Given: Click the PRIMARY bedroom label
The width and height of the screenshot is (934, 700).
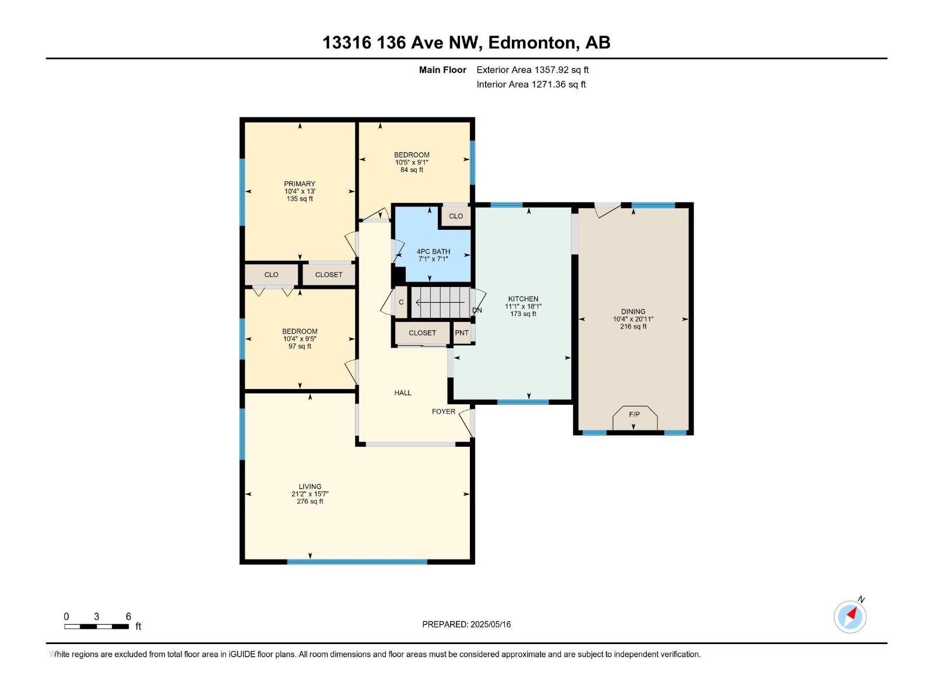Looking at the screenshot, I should pos(299,184).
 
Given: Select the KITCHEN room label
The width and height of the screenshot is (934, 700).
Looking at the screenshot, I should pos(523,299).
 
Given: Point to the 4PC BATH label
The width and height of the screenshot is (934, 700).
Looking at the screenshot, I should pos(433,251).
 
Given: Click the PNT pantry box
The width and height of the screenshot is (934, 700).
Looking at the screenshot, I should pos(462,333).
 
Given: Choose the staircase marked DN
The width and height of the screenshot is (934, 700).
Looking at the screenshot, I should pos(441,302).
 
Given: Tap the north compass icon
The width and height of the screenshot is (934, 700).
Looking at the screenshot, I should pos(850,617).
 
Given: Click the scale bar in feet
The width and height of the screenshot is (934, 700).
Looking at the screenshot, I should pos(96,626).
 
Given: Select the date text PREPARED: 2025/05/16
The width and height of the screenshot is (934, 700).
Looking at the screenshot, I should pos(466,624).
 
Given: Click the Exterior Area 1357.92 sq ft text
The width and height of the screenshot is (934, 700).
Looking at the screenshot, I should pos(532,70).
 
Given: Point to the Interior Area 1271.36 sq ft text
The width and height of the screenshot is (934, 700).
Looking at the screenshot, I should pos(531,85).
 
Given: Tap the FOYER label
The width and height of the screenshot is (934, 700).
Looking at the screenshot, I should pos(443,411).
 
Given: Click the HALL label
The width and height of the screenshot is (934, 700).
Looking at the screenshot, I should pos(403,393).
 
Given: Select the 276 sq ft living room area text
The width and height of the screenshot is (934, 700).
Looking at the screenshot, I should pos(310,501).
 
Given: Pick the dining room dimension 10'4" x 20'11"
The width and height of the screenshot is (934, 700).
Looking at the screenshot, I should pos(633,319).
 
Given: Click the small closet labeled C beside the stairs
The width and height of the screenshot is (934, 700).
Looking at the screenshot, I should pos(401,302).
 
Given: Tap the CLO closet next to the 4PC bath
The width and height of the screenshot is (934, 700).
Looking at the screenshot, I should pos(456,216).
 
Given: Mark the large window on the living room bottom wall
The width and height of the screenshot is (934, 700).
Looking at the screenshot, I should pos(357,562).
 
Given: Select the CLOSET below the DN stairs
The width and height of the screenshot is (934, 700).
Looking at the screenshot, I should pos(422,333).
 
